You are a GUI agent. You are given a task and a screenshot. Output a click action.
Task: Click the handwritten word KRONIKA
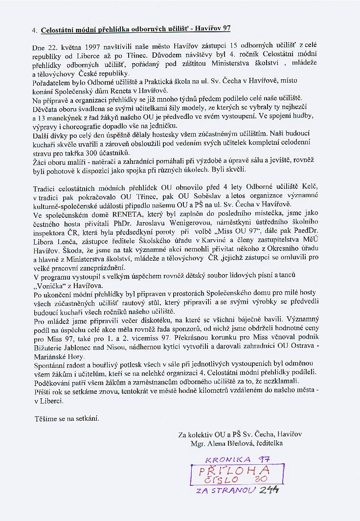(225, 460)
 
